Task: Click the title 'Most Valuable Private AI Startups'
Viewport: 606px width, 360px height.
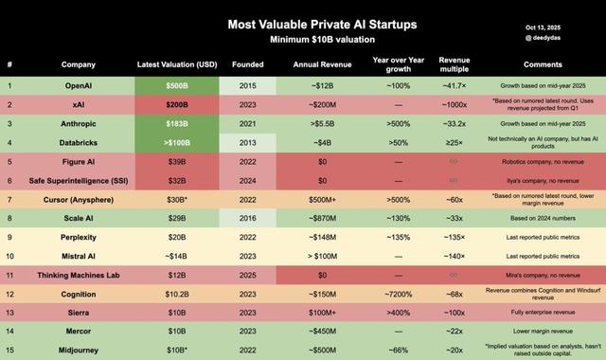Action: click(302, 24)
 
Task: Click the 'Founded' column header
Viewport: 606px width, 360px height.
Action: click(247, 65)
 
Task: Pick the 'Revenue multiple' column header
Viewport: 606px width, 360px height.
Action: click(455, 65)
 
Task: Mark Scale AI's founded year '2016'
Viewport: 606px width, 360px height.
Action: click(247, 218)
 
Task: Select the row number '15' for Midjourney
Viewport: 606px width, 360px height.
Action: click(10, 350)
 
